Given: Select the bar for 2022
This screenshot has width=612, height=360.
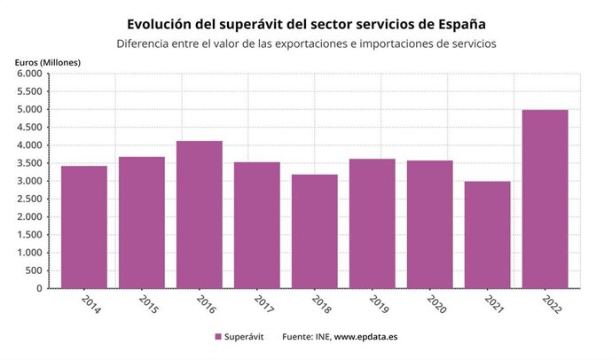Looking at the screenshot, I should (x=545, y=200).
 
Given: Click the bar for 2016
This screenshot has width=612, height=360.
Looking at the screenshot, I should (x=200, y=215).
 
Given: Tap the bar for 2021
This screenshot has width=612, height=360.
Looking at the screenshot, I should (x=487, y=235).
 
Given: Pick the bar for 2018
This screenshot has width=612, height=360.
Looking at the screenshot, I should (x=315, y=231).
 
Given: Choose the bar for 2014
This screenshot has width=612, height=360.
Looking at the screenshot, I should (x=84, y=227).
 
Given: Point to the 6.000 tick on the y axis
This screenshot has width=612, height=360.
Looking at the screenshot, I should (x=29, y=74).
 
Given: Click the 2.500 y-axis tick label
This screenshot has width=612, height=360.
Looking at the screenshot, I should (x=29, y=199).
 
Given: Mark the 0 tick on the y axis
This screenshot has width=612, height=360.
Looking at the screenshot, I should (x=38, y=288).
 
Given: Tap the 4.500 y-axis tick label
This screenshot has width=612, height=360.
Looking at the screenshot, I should (x=29, y=128).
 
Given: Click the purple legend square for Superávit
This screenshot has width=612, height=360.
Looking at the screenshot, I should (x=217, y=337).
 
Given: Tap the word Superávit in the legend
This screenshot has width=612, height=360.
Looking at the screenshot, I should (x=245, y=337).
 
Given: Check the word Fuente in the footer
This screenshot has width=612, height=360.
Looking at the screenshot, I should (x=298, y=337).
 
